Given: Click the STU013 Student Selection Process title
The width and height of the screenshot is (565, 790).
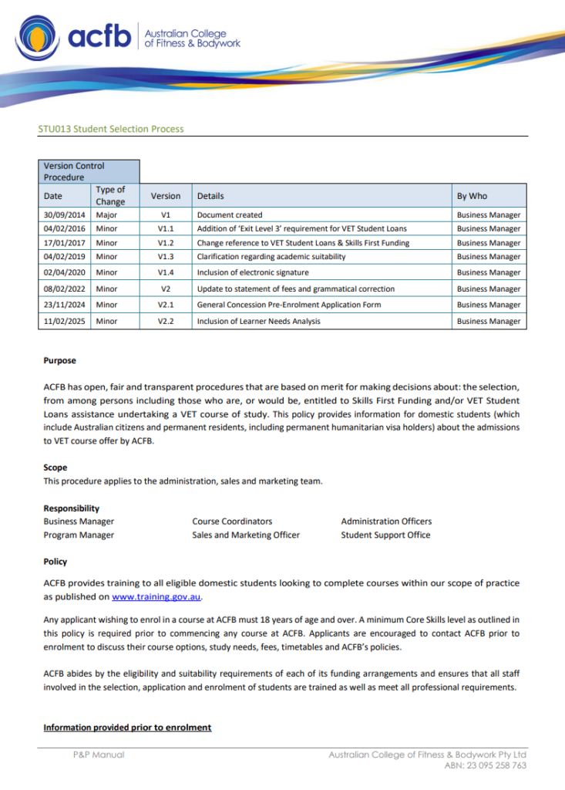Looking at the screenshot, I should click(x=111, y=129).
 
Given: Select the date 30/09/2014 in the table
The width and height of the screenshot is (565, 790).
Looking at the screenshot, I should click(x=64, y=215).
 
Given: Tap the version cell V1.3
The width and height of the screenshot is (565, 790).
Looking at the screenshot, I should click(x=166, y=257).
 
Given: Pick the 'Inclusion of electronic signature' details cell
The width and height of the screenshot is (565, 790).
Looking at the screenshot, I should click(x=252, y=273).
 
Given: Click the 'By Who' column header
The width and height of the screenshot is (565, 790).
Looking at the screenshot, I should click(x=472, y=196).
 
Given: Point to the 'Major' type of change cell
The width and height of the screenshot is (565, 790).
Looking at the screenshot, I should click(x=106, y=215).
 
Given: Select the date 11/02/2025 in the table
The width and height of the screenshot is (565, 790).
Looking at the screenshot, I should click(x=64, y=322).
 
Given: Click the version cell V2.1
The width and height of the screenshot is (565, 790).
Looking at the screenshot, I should click(x=166, y=305).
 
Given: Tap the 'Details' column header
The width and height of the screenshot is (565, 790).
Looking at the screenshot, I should click(x=210, y=196).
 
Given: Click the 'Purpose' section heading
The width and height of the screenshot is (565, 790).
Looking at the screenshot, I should click(x=59, y=361).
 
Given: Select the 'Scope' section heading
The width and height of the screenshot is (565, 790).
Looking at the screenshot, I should click(x=55, y=468).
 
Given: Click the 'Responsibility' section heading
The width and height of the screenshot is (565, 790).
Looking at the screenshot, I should click(x=71, y=508).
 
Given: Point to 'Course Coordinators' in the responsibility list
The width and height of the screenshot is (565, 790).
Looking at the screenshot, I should click(x=232, y=522).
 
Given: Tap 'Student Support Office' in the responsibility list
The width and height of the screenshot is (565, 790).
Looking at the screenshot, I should click(x=385, y=535).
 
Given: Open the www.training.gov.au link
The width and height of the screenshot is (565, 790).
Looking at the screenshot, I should click(x=156, y=597).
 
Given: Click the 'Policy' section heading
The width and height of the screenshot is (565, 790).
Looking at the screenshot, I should click(x=55, y=562).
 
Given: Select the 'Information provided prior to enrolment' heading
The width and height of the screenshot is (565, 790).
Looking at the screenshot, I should click(x=127, y=728).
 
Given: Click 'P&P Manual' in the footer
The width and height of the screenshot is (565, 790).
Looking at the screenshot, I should click(x=99, y=755).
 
